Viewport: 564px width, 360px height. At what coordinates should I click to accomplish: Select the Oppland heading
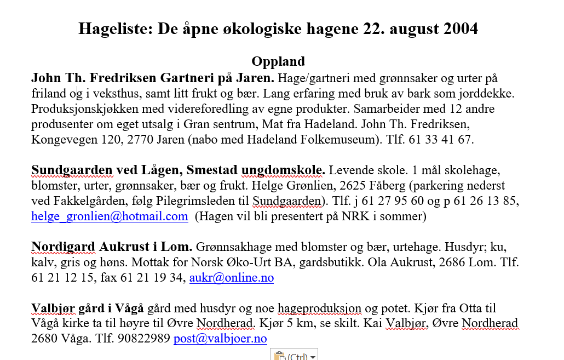(x=278, y=61)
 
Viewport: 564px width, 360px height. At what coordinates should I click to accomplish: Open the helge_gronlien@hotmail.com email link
(x=110, y=216)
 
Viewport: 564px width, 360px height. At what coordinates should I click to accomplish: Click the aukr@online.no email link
(x=231, y=278)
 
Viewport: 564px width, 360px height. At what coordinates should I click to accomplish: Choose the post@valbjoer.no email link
(x=220, y=339)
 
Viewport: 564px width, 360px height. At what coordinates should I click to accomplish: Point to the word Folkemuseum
(x=333, y=140)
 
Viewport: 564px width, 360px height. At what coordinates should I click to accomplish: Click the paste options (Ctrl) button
(x=294, y=356)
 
